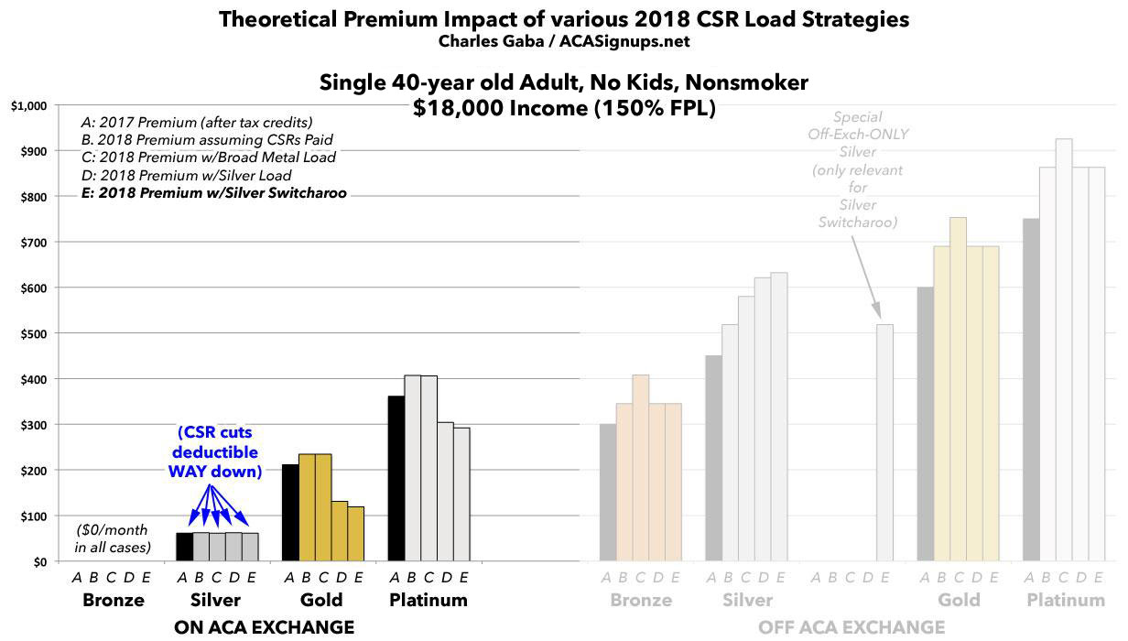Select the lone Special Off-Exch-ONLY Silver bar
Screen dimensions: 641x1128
click(884, 442)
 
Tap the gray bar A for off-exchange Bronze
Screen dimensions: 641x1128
click(608, 493)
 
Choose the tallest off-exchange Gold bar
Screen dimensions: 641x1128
click(958, 389)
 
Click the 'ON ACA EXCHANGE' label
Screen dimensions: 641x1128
click(264, 627)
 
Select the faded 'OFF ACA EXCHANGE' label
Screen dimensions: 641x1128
click(851, 627)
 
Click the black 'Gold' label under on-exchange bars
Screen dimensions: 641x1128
click(321, 601)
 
